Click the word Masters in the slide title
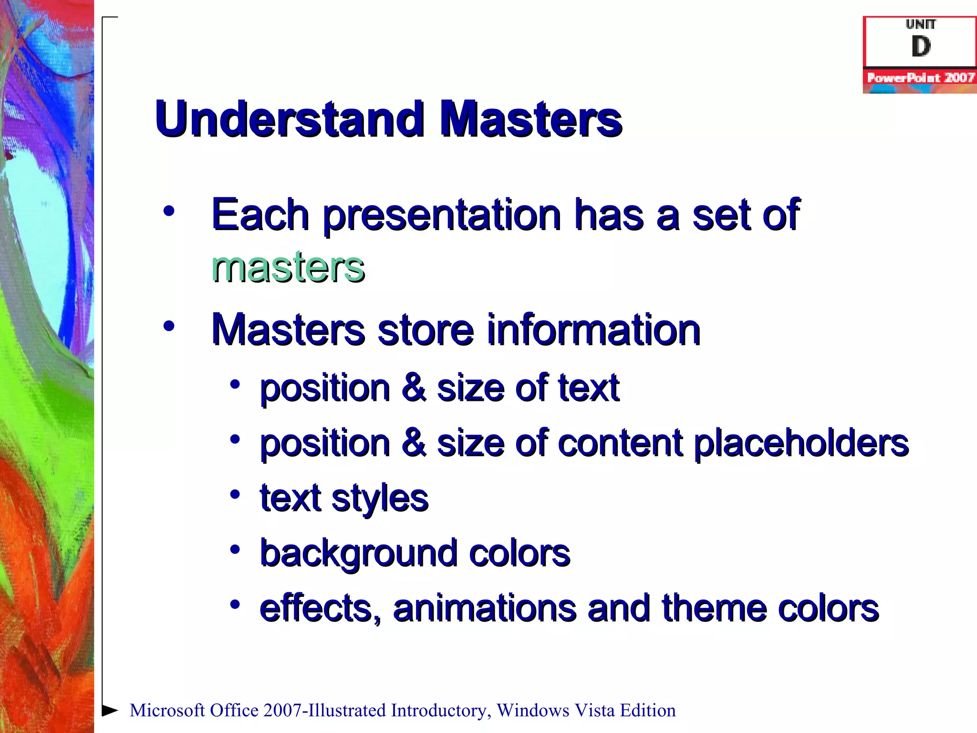(530, 119)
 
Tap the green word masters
(288, 267)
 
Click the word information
(593, 330)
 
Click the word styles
(380, 499)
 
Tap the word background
(358, 554)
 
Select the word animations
(485, 608)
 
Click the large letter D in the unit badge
(921, 47)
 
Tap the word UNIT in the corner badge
(921, 24)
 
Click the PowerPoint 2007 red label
(921, 78)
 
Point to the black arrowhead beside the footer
(110, 710)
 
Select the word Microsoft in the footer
(167, 711)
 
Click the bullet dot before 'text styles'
(235, 495)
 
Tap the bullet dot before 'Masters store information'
(169, 326)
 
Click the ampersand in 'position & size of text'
(414, 388)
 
